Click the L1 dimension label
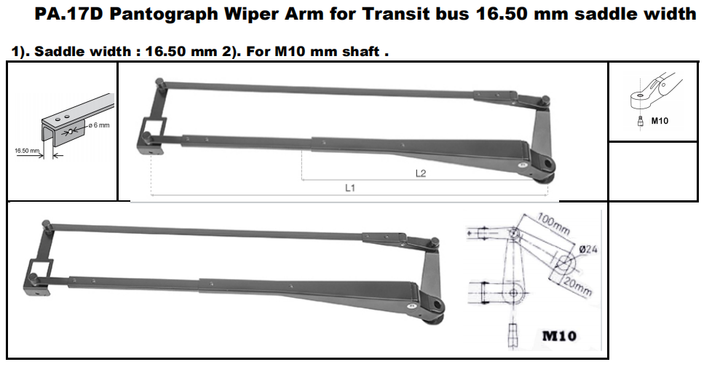(349, 187)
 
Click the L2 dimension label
(420, 173)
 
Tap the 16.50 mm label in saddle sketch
(26, 150)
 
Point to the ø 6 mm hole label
(98, 126)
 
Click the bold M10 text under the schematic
(560, 336)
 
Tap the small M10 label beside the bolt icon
(660, 121)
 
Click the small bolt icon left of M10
(639, 122)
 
